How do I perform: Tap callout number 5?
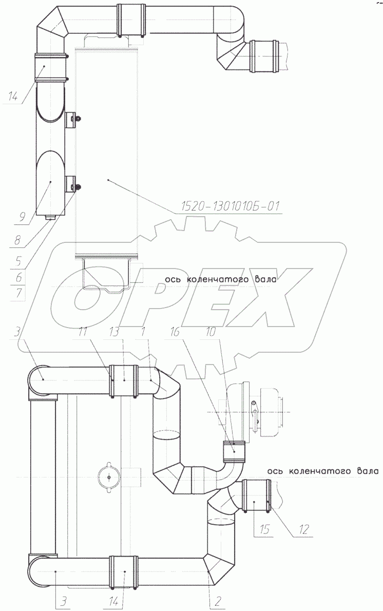[18, 260]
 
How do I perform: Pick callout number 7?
[19, 292]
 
